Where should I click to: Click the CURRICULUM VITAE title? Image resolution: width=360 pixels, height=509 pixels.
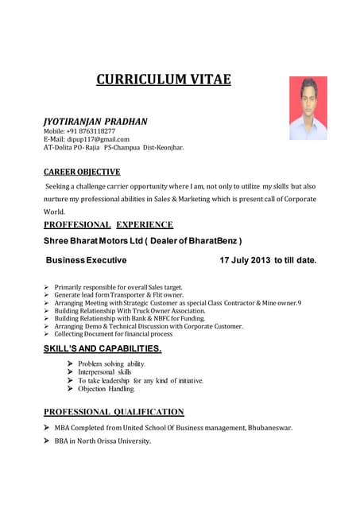[x=164, y=79]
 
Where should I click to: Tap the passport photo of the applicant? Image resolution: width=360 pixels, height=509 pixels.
[x=308, y=108]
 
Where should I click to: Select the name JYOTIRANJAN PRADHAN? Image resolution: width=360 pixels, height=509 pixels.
[x=95, y=121]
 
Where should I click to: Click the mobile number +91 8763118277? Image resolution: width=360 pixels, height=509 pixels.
[x=91, y=131]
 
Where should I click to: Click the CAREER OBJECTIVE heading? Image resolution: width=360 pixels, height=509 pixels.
[x=82, y=172]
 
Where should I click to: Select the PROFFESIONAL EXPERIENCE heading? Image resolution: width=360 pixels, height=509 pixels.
[x=108, y=225]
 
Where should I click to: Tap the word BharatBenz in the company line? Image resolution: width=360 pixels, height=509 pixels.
[x=211, y=241]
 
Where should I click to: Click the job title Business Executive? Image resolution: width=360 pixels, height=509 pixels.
[x=86, y=260]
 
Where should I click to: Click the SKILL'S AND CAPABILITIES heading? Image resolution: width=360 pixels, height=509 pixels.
[x=103, y=348]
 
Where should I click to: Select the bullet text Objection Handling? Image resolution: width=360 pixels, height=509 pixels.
[x=106, y=389]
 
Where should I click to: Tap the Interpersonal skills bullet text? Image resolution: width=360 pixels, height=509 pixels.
[x=105, y=372]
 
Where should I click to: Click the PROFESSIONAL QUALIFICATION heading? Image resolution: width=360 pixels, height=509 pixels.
[x=114, y=412]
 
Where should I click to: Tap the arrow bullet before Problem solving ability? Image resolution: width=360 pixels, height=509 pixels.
[x=71, y=363]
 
